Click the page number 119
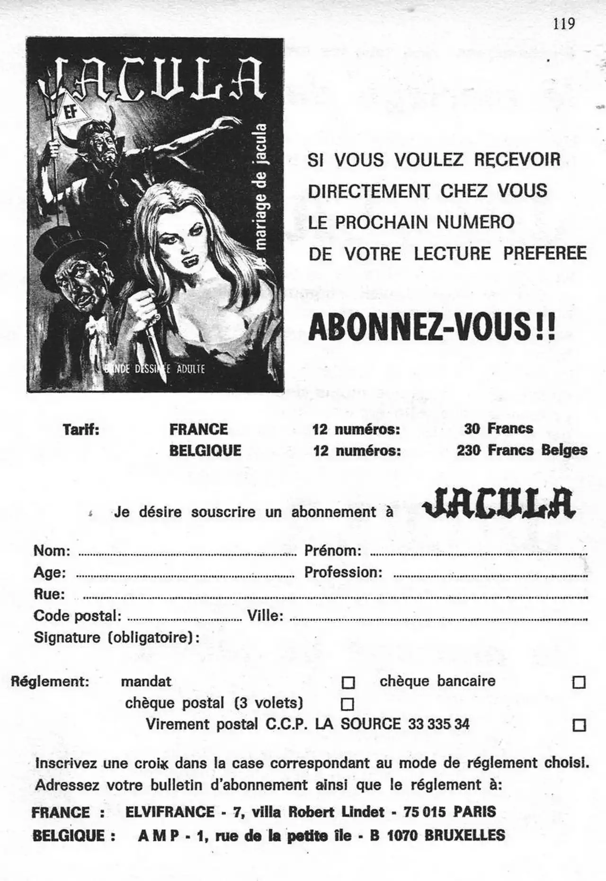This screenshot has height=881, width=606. pyautogui.click(x=563, y=23)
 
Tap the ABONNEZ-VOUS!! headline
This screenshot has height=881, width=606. pyautogui.click(x=431, y=327)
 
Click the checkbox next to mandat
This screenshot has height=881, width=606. pyautogui.click(x=348, y=682)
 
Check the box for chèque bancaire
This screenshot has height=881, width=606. pyautogui.click(x=579, y=682)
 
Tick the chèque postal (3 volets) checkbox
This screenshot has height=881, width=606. pyautogui.click(x=348, y=704)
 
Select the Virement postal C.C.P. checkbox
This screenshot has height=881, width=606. pyautogui.click(x=579, y=725)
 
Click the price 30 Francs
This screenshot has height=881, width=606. pyautogui.click(x=499, y=429)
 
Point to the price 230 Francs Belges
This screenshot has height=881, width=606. pyautogui.click(x=522, y=450)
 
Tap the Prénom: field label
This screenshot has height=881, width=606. pyautogui.click(x=333, y=551)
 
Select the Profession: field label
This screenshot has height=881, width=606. pyautogui.click(x=343, y=573)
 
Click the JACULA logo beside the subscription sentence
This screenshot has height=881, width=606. pyautogui.click(x=499, y=503)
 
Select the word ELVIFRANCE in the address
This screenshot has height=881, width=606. pyautogui.click(x=170, y=812)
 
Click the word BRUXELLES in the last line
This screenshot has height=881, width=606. pyautogui.click(x=464, y=835)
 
